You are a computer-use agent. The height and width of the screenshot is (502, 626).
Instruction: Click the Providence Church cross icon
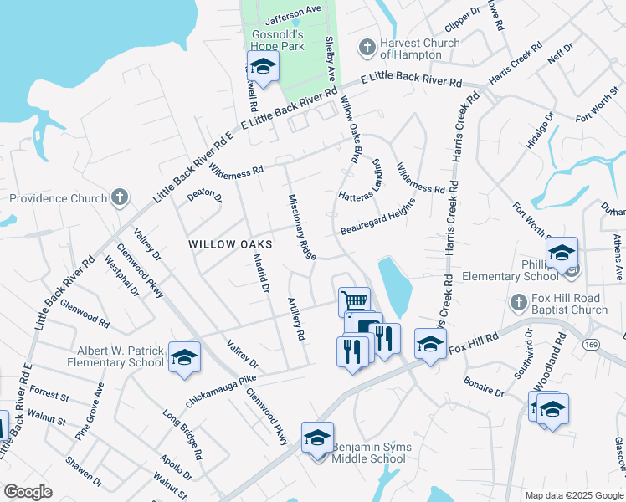120,198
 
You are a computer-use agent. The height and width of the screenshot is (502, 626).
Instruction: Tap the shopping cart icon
354,300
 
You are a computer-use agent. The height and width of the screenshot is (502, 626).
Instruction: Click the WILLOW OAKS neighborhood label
230,243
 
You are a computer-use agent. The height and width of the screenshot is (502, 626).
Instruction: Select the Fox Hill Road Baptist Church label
569,305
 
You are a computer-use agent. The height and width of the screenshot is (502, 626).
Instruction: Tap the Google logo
28,492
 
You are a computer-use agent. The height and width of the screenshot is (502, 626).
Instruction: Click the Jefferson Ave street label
294,14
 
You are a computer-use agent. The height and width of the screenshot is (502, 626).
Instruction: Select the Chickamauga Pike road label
219,390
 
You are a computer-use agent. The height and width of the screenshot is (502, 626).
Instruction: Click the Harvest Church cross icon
366,49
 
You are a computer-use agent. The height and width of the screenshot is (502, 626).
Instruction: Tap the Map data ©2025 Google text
573,494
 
